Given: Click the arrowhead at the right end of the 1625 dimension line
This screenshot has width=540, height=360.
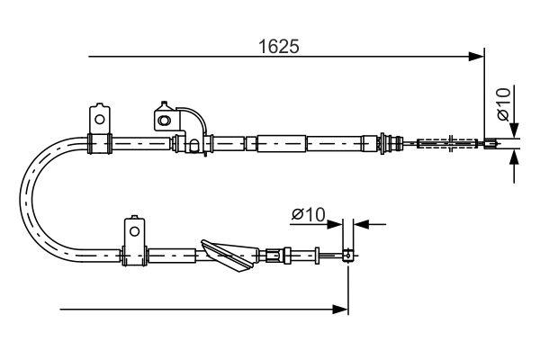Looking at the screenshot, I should click(478, 58).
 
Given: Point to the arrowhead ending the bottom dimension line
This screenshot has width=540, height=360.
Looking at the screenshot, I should click(341, 310).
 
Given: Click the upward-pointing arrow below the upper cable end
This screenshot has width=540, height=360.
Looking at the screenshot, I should click(513, 158).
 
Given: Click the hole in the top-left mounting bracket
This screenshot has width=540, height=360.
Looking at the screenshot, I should click(97, 116).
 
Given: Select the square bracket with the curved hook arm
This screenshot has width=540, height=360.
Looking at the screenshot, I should click(165, 118).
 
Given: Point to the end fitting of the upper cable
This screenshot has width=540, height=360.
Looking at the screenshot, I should click(490, 142).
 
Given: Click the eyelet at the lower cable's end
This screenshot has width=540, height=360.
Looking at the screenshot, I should click(346, 256).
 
